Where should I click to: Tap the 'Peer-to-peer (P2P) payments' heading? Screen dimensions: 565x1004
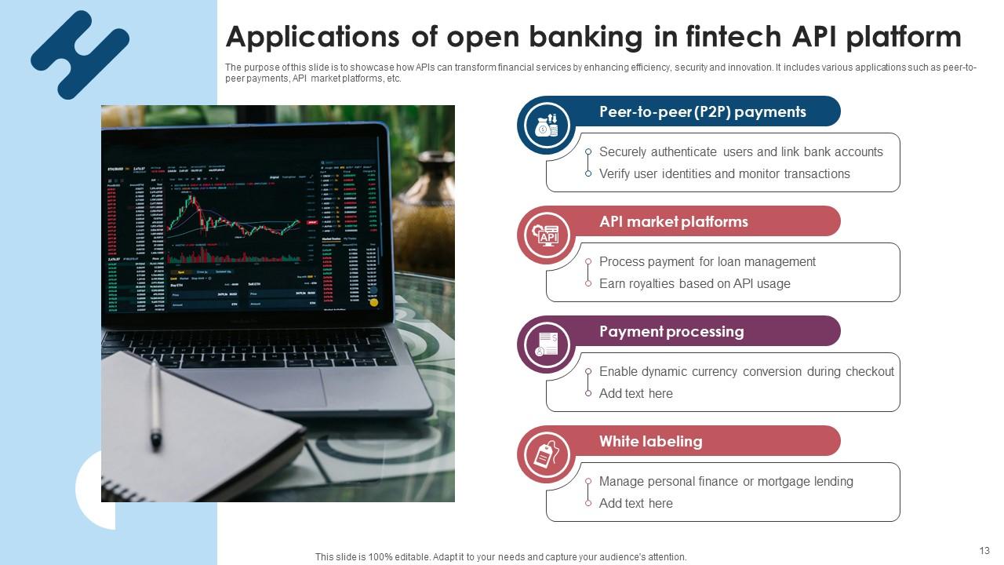point(702,111)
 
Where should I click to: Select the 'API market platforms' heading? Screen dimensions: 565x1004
point(673,221)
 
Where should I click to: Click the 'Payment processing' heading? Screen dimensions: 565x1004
point(671,331)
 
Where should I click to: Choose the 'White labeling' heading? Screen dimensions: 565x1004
point(650,441)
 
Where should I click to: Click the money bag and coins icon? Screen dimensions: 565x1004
point(546,125)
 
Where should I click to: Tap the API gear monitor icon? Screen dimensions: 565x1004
point(546,235)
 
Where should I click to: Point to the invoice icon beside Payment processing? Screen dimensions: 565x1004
point(546,344)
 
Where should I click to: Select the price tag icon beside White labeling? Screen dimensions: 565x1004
point(546,454)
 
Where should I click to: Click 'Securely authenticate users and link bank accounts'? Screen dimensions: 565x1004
point(740,152)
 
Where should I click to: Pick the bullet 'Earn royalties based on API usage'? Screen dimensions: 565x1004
point(694,284)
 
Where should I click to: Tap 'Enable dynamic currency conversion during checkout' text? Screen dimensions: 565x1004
point(746,372)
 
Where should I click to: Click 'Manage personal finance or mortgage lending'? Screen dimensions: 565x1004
point(726,482)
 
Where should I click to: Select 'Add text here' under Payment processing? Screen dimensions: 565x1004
point(635,394)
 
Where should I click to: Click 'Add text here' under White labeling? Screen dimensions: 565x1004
point(635,504)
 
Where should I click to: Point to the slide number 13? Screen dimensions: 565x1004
point(984,551)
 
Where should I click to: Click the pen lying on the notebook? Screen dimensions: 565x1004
point(155,404)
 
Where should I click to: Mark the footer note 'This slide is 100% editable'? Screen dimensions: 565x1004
point(500,557)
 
